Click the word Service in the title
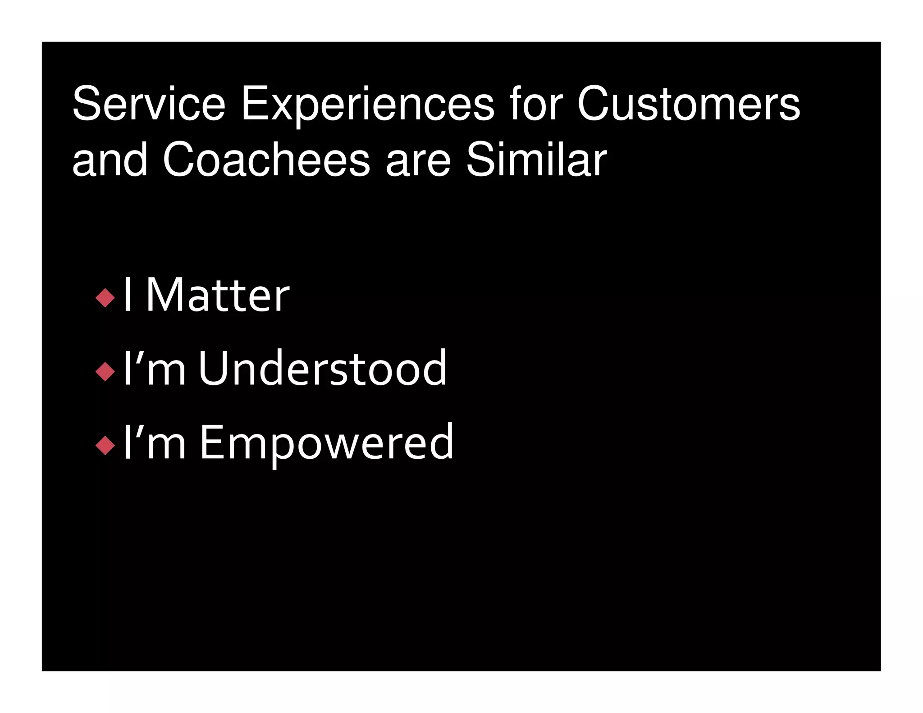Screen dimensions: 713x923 149,104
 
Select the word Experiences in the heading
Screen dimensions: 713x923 367,104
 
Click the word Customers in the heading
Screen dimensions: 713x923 688,104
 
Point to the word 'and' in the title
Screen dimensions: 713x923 110,160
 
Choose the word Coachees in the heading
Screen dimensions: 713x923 266,160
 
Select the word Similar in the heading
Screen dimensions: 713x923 536,160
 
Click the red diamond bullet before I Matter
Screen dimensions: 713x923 105,298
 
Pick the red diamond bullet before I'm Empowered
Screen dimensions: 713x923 105,445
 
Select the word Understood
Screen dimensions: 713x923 322,369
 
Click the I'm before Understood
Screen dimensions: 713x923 154,369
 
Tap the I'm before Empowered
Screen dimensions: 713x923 154,443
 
